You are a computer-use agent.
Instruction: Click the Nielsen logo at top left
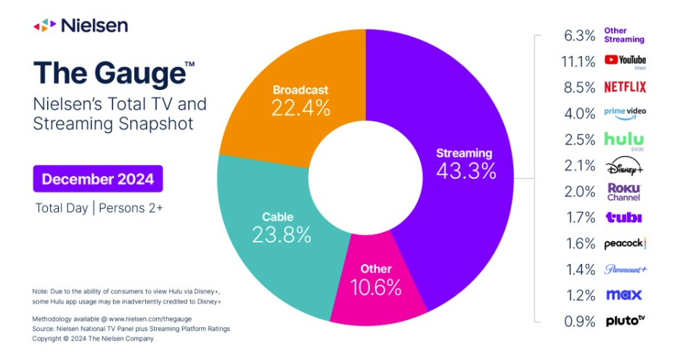click(81, 25)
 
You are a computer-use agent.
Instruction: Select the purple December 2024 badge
click(98, 179)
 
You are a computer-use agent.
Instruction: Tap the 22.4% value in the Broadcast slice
click(300, 109)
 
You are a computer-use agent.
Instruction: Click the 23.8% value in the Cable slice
click(282, 234)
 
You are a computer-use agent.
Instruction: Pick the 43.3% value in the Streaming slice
click(465, 171)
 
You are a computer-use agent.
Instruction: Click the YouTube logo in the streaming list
click(624, 60)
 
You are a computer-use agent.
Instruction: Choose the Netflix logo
click(624, 87)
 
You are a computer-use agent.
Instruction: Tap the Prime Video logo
click(624, 113)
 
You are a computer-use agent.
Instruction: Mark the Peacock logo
click(624, 244)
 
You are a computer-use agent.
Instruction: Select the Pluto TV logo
click(624, 321)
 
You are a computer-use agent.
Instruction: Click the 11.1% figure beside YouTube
click(579, 61)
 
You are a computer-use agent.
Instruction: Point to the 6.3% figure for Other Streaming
click(579, 35)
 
